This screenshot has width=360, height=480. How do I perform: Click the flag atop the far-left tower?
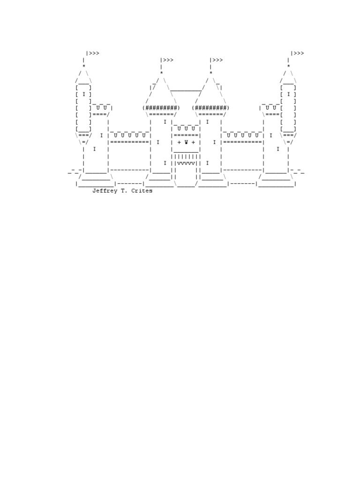click(93, 53)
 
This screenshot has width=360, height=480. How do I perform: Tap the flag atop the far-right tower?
click(298, 53)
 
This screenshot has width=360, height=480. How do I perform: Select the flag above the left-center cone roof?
click(167, 60)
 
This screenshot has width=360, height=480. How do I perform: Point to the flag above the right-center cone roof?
click(217, 60)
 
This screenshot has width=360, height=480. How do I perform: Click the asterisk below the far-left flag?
click(84, 67)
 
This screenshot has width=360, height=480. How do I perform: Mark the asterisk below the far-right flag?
click(289, 67)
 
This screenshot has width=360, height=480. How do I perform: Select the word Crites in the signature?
click(142, 191)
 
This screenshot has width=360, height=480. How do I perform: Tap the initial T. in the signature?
click(125, 191)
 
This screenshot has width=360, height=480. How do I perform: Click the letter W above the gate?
click(186, 142)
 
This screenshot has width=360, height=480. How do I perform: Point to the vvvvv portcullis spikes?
click(186, 163)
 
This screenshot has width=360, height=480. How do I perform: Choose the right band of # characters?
click(211, 108)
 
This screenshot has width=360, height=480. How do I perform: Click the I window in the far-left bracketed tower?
click(84, 94)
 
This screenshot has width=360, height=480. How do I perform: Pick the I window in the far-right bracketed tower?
click(289, 94)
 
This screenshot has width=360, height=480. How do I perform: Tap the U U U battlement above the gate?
click(186, 128)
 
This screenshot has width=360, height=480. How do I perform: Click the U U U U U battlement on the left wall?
click(130, 135)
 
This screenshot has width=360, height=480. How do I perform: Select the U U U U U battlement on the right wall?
click(242, 135)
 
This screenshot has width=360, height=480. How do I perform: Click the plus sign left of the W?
click(179, 142)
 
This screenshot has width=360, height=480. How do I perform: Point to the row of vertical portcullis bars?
click(186, 156)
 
